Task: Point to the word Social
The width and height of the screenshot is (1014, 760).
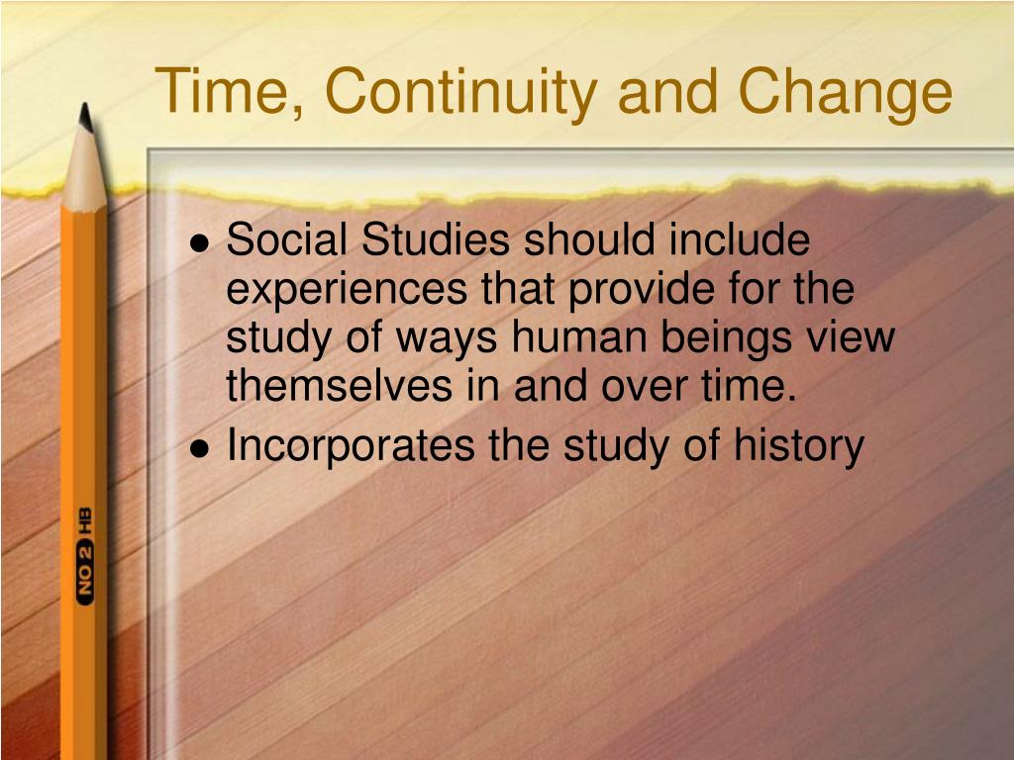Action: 286,240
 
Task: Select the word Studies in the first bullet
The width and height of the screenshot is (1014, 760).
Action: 433,240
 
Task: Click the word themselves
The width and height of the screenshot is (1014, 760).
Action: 338,387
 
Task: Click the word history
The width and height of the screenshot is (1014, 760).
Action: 798,447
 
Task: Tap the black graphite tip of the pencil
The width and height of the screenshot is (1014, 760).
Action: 86,118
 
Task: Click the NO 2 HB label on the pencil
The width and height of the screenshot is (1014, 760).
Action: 84,553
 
